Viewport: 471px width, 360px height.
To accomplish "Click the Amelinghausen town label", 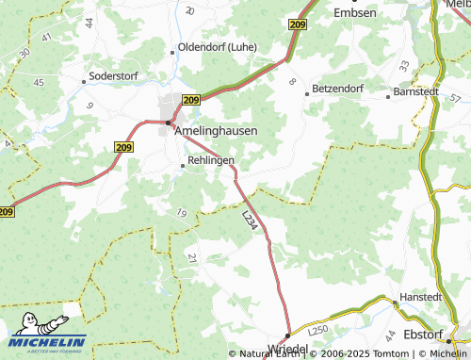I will (216, 132).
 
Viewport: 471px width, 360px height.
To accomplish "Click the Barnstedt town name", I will (417, 93).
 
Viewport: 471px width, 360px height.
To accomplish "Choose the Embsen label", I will (355, 12).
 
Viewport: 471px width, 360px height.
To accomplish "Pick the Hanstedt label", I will (420, 295).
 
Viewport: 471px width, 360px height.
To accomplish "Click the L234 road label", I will (250, 221).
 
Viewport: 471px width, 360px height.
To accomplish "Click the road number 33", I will (403, 66).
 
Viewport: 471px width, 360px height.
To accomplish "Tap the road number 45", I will (39, 82).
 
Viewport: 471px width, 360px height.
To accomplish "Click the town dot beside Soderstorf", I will (84, 81).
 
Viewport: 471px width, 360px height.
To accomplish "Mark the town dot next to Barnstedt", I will (388, 94).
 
